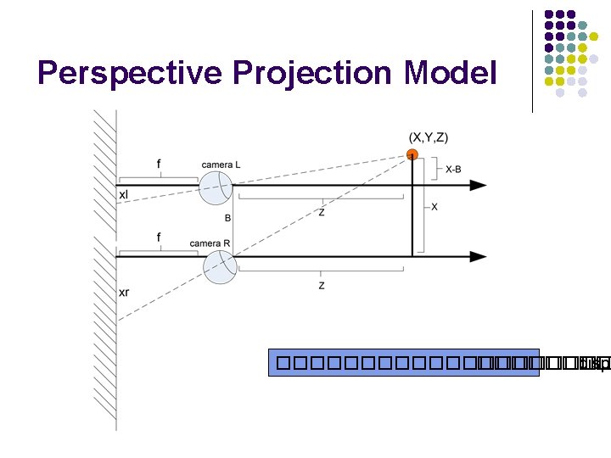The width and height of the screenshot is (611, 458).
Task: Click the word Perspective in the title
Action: [119, 73]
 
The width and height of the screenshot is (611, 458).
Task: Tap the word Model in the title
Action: [450, 73]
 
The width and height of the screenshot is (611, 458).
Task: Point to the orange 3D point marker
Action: [412, 155]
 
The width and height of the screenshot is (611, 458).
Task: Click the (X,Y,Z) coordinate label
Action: [429, 137]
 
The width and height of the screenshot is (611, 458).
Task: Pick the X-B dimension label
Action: [454, 170]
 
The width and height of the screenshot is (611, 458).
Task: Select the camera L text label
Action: [221, 165]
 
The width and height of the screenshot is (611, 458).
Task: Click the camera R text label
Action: [210, 243]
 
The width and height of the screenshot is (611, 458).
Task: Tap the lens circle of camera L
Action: [216, 187]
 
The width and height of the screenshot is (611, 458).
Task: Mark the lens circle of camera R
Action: [219, 269]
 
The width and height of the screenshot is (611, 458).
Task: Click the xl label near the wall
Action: [124, 194]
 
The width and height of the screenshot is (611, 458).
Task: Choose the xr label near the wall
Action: [124, 292]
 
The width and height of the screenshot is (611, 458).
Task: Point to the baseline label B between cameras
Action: [228, 218]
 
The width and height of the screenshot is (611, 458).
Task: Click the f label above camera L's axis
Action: [159, 163]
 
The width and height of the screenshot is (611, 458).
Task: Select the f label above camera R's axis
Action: [160, 237]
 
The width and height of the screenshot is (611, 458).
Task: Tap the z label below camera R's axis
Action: [321, 286]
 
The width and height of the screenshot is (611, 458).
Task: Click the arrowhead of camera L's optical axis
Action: [479, 185]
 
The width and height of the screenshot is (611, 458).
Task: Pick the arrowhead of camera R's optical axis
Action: [479, 256]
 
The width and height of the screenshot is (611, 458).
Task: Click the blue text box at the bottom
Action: [404, 362]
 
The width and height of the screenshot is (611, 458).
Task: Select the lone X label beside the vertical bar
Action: [435, 207]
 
